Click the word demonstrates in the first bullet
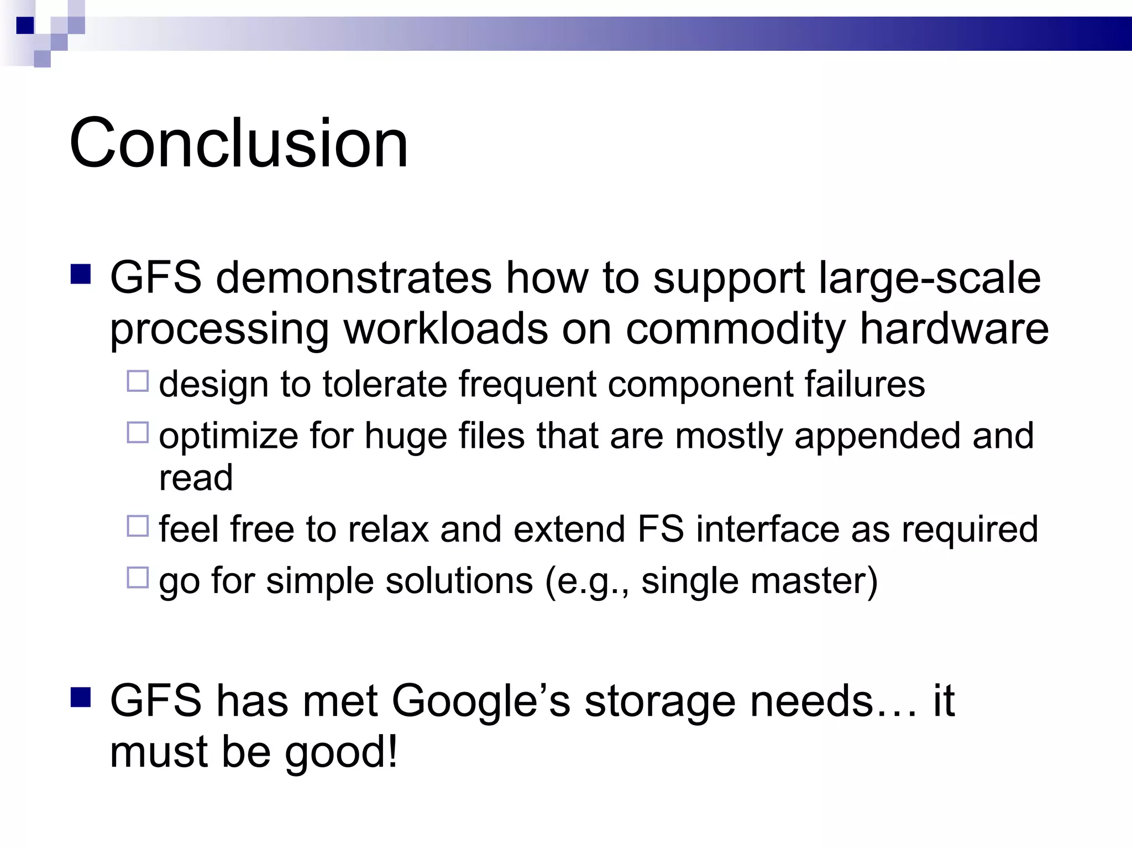click(x=354, y=277)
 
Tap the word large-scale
click(x=930, y=277)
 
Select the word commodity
click(x=735, y=329)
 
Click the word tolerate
click(x=385, y=384)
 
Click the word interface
click(x=767, y=529)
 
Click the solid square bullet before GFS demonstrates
click(x=81, y=274)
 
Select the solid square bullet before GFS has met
click(x=81, y=698)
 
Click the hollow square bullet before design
click(x=138, y=381)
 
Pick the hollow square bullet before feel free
click(x=138, y=526)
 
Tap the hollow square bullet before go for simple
click(x=138, y=578)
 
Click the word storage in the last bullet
click(x=660, y=701)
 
